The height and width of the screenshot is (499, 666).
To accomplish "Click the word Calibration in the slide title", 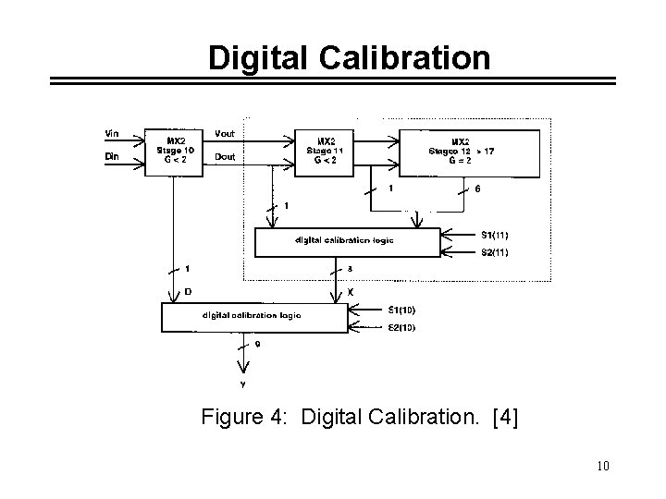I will (x=404, y=58).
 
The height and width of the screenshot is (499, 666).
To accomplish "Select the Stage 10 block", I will (x=176, y=150).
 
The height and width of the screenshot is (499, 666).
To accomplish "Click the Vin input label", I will (x=113, y=134).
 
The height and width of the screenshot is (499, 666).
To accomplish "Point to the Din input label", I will (x=113, y=157).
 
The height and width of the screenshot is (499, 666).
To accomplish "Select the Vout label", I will (x=225, y=134).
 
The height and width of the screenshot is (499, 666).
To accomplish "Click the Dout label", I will (x=225, y=157).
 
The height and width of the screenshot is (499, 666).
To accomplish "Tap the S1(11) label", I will (x=494, y=235).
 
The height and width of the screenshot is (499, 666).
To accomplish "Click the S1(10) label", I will (x=401, y=310).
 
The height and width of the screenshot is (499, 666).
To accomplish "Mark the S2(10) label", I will (x=401, y=327).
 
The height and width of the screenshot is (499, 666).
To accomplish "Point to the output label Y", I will (x=243, y=383).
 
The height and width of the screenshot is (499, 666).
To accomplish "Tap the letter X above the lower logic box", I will (x=350, y=292).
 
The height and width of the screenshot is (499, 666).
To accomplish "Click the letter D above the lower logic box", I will (x=188, y=292).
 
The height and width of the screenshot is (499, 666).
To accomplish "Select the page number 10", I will (x=603, y=466).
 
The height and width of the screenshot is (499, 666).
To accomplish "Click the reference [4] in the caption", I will (x=507, y=419).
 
